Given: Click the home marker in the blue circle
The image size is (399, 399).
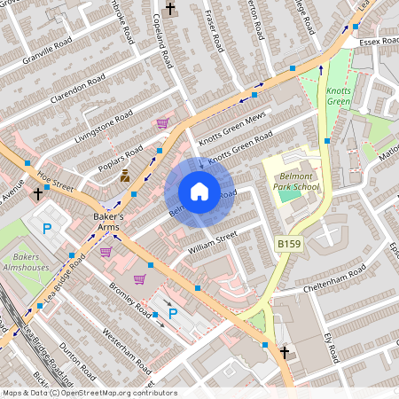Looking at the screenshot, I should click(x=199, y=192).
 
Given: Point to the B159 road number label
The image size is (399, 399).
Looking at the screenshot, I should click(x=287, y=243).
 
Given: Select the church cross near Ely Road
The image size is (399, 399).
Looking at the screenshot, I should click(x=285, y=353).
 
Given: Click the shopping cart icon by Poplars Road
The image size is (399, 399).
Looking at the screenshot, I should click(x=162, y=123).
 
